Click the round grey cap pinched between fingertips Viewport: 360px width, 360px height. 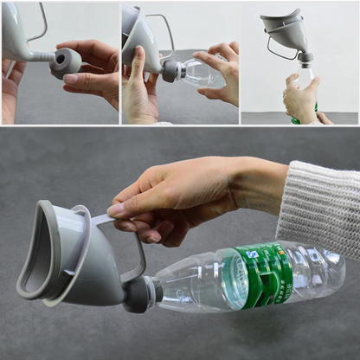[66, 62]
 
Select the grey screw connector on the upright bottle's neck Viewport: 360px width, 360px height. [305, 59]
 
